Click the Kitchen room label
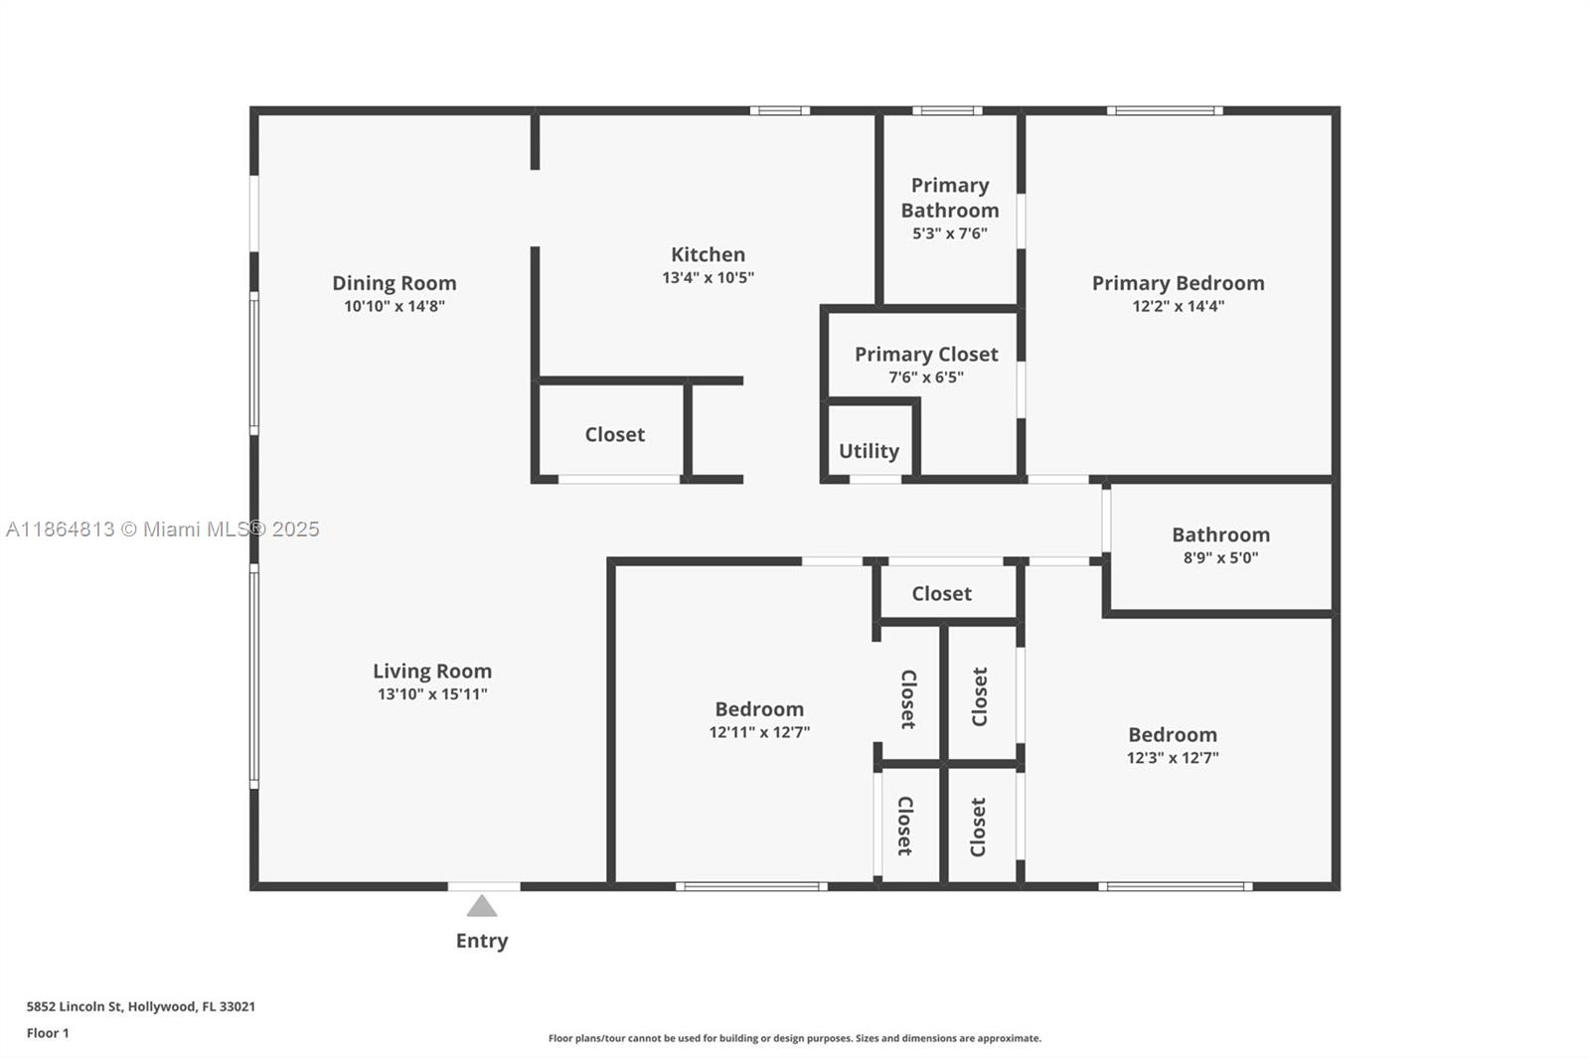[x=708, y=254]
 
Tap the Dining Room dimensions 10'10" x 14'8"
[x=395, y=306]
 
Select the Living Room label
[x=432, y=671]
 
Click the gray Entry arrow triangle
[x=482, y=906]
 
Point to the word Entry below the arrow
[x=482, y=940]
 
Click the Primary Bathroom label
[x=950, y=198]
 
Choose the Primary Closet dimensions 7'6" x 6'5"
[x=926, y=378]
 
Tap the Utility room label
[x=869, y=451]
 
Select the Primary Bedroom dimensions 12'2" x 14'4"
[x=1178, y=306]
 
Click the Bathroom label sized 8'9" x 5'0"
[x=1220, y=534]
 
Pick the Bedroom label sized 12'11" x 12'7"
[x=759, y=709]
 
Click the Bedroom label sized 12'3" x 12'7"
[x=1173, y=735]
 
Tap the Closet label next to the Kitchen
[x=614, y=434]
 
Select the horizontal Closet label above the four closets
[x=941, y=593]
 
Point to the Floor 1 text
[x=48, y=1033]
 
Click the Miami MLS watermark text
[x=163, y=529]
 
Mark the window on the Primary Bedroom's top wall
[x=1165, y=110]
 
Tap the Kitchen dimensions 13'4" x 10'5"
[x=708, y=278]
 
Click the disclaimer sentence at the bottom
[x=795, y=1038]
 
